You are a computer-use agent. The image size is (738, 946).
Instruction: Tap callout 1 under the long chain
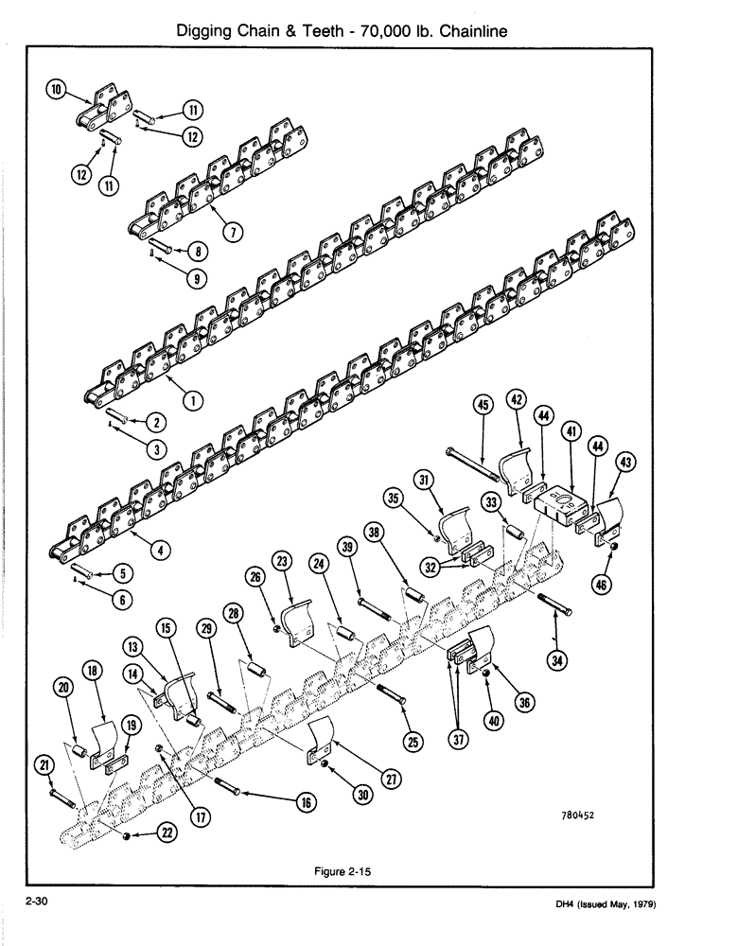[193, 401]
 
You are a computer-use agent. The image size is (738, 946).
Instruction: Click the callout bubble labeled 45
[483, 406]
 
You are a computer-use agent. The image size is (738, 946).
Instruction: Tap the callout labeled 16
[305, 801]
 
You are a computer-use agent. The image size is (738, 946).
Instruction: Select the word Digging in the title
[208, 31]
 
